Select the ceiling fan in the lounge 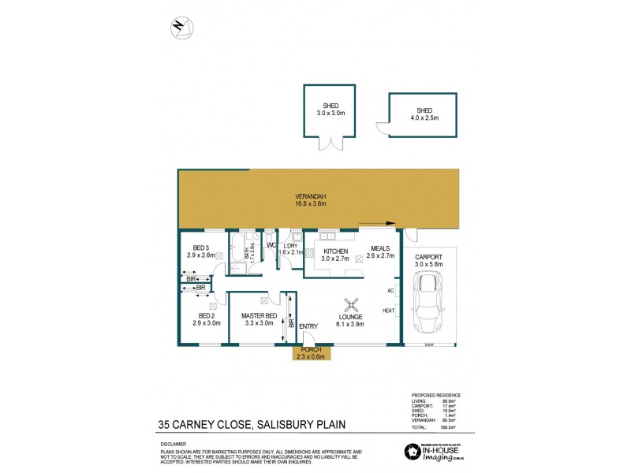coord(352,304)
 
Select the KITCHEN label coord(334,251)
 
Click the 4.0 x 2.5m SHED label coord(424,111)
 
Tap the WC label coord(271,245)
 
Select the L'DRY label coord(290,245)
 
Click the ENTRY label coord(308,327)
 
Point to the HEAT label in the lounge coord(389,310)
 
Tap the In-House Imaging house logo coord(410,452)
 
